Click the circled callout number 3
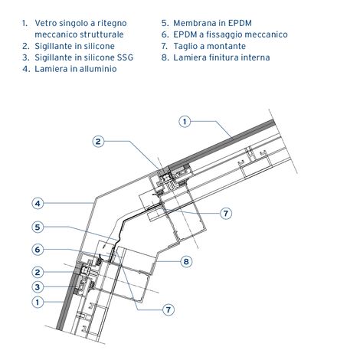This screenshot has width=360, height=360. pos(38,287)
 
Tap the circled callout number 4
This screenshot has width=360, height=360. pos(38,204)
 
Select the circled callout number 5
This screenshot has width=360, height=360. pos(38,227)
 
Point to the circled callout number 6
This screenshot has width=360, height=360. pos(38,250)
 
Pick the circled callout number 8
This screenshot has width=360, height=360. pos(186,261)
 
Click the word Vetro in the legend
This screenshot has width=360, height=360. pos(46,23)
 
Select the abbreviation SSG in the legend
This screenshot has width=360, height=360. pos(125,57)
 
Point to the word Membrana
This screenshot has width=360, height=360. pos(195,23)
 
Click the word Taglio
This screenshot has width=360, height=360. pos(185,47)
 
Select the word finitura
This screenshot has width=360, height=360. pos(221,57)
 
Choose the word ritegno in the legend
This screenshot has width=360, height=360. pos(111,24)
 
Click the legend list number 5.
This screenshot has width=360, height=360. pos(165,23)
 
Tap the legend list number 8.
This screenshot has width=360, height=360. pos(165,57)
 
